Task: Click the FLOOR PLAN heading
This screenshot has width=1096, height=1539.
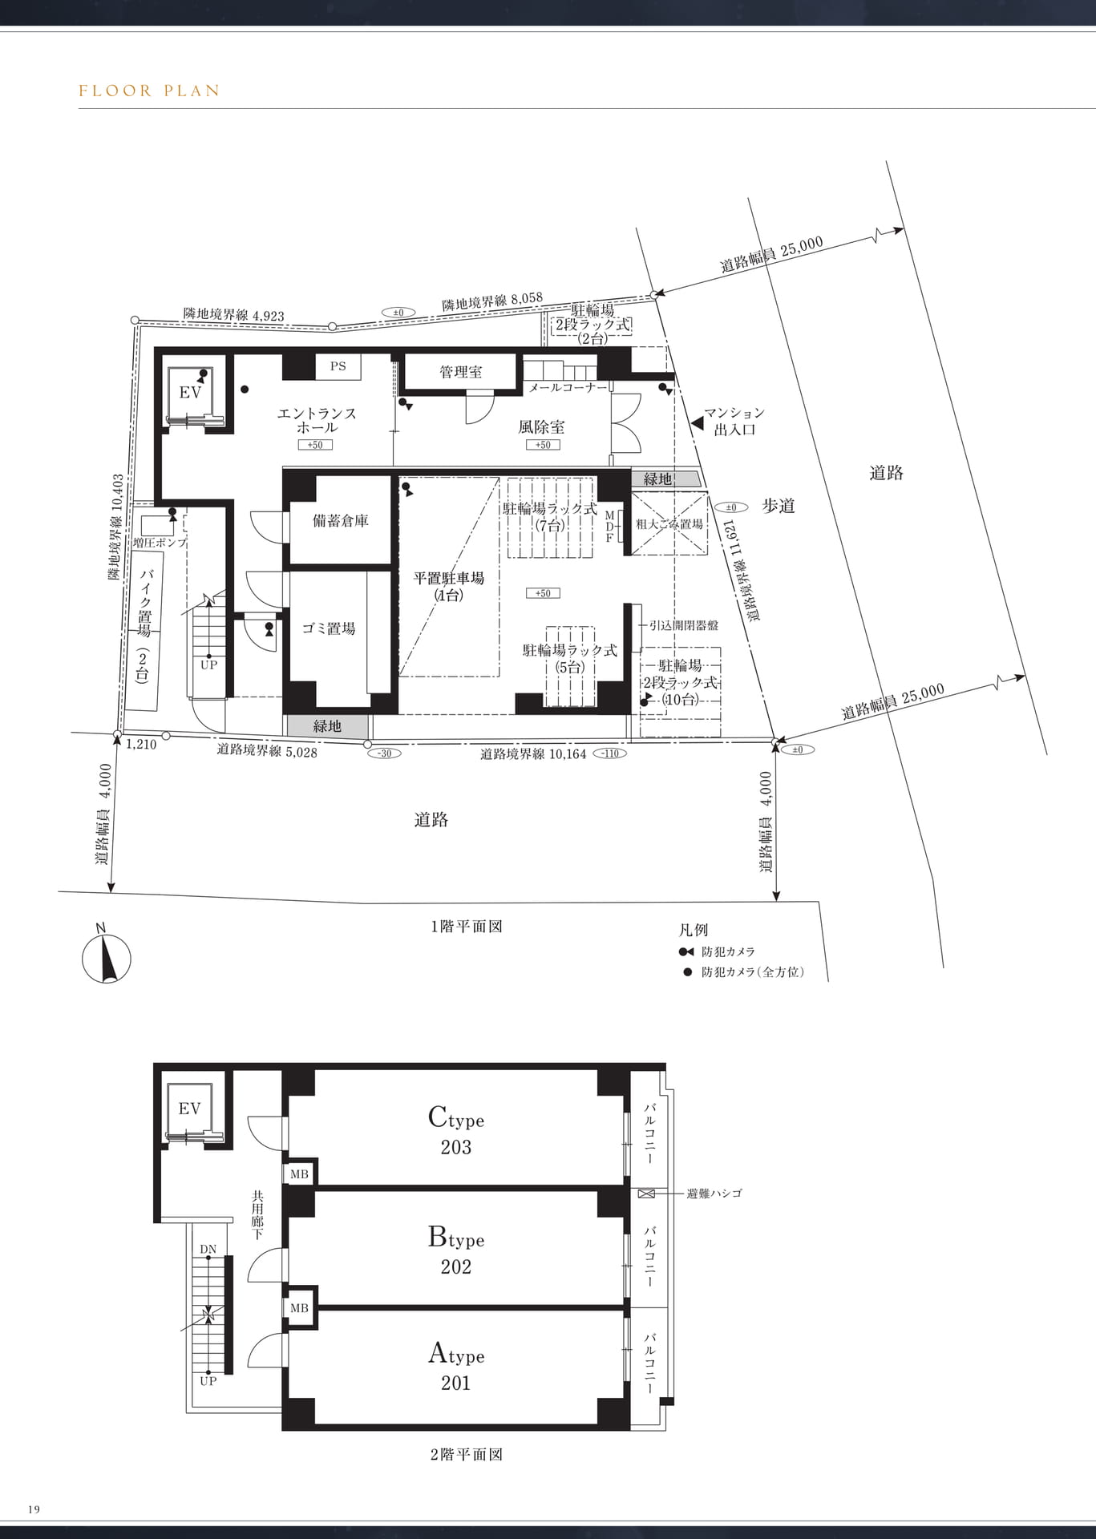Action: (x=149, y=91)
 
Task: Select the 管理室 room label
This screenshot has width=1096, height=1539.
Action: (x=460, y=372)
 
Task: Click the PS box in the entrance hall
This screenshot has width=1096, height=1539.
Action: (x=338, y=366)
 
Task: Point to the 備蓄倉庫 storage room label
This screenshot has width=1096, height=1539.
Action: (x=341, y=520)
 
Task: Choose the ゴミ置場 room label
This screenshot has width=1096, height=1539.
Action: (x=329, y=628)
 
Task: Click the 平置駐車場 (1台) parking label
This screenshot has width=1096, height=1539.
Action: (x=449, y=586)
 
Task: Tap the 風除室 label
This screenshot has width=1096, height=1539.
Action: (x=541, y=427)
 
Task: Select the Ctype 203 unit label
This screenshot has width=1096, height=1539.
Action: (x=456, y=1131)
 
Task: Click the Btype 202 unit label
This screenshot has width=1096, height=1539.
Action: (x=456, y=1250)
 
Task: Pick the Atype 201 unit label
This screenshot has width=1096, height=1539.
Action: (x=456, y=1367)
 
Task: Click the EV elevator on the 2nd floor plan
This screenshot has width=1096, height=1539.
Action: (x=190, y=1110)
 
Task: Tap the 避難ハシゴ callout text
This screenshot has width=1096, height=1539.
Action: (x=714, y=1194)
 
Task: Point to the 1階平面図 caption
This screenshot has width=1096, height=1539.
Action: (x=467, y=927)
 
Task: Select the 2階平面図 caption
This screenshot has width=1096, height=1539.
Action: (x=467, y=1454)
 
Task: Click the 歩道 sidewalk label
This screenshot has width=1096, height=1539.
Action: (x=778, y=506)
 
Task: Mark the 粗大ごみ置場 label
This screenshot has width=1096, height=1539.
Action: (x=669, y=524)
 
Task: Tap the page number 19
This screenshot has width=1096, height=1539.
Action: (x=34, y=1509)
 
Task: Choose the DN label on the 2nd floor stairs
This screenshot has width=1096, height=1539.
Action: (x=208, y=1250)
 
